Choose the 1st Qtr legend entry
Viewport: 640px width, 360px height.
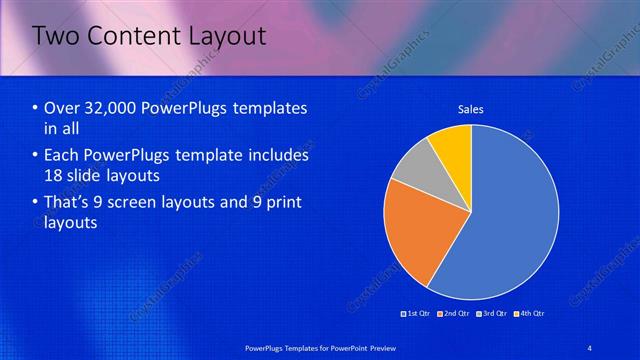pyautogui.click(x=416, y=313)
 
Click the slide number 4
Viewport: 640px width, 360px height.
pyautogui.click(x=589, y=347)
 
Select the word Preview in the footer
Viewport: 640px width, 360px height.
pyautogui.click(x=377, y=347)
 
